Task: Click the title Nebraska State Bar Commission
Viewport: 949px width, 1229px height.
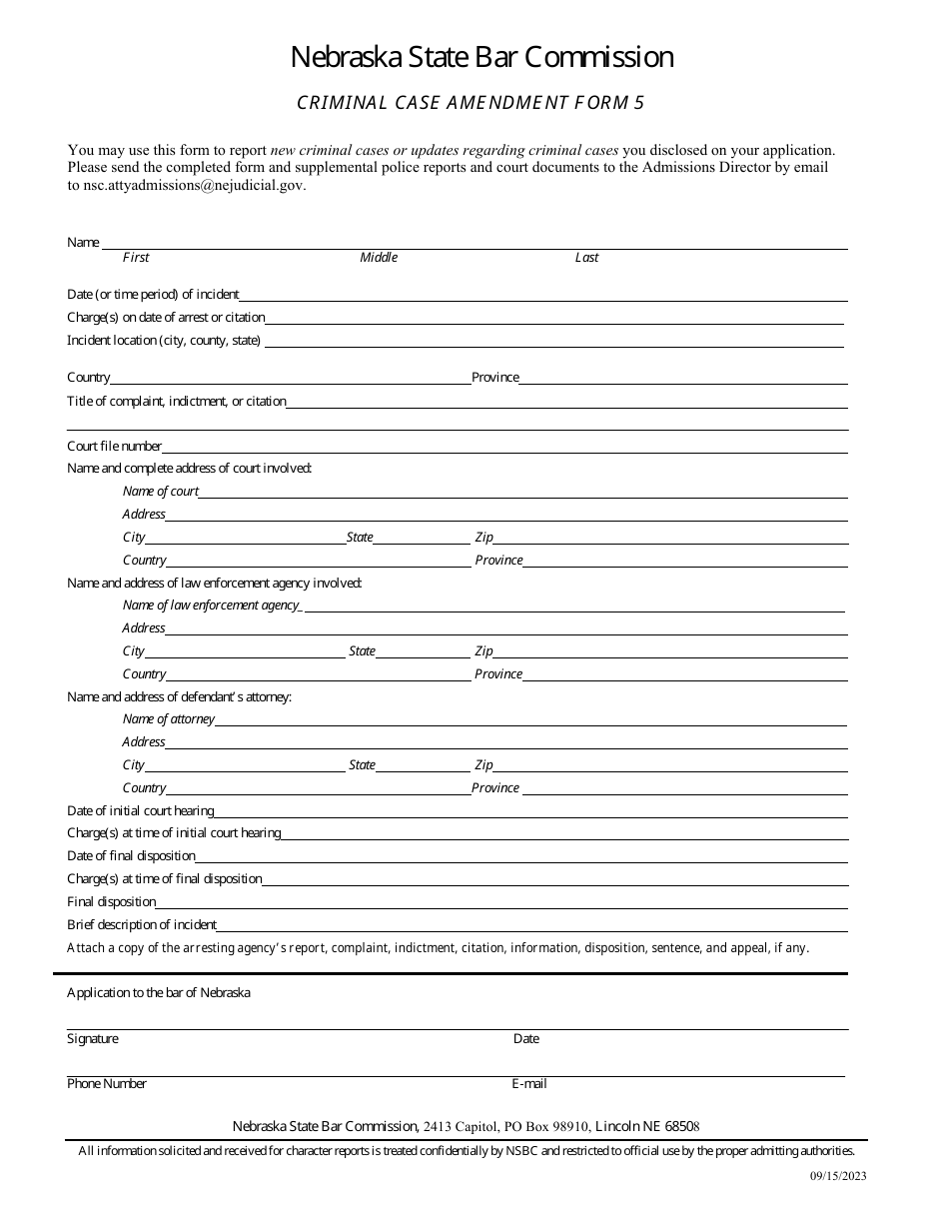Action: [481, 58]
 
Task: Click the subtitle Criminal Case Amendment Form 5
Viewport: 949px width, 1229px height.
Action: [477, 102]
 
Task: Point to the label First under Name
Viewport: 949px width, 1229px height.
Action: [136, 258]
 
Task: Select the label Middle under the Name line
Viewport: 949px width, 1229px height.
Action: [379, 258]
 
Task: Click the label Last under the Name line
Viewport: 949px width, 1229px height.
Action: [586, 258]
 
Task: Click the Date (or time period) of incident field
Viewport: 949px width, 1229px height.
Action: [543, 295]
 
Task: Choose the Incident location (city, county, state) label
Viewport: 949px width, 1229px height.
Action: [164, 341]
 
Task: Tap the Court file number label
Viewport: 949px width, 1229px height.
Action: [114, 447]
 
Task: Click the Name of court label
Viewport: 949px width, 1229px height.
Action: [160, 492]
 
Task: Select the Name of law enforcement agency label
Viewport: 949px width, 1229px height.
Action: [211, 606]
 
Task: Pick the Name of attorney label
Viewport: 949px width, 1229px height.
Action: [168, 719]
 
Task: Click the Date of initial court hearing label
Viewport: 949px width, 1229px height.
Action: [140, 811]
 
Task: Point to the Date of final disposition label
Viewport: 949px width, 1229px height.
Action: [131, 856]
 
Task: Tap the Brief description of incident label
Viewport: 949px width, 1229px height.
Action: [142, 925]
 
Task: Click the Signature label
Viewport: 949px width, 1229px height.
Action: [92, 1039]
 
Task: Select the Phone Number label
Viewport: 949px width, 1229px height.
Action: [107, 1084]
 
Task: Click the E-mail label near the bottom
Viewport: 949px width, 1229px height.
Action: [528, 1084]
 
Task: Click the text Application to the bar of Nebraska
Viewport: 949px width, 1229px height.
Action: [159, 993]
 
